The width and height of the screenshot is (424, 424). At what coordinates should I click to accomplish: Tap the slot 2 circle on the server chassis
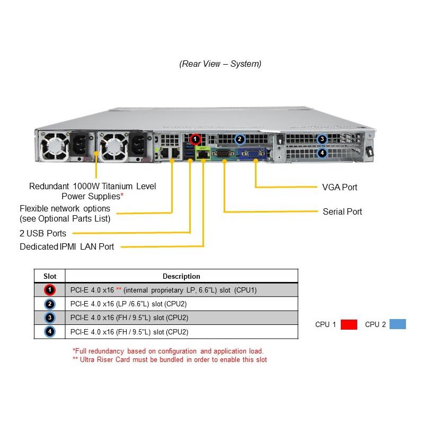coord(240,139)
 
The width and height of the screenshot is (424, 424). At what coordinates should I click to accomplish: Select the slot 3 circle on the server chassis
coord(322,139)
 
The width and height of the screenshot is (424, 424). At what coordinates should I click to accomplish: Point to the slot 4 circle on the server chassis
coord(322,153)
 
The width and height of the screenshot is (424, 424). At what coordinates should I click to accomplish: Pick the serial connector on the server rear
coord(223,154)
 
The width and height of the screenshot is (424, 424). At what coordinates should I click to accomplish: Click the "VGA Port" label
coord(340,187)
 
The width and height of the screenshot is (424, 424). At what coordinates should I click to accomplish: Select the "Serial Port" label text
coord(342,211)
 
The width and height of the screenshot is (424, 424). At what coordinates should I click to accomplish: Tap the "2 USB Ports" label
coord(43,233)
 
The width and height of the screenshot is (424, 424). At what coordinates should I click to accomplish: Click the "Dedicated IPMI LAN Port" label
coord(67,246)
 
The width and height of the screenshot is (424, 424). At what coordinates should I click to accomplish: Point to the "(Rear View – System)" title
coord(220,64)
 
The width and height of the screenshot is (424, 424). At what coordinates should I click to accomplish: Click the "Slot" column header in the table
coord(49,276)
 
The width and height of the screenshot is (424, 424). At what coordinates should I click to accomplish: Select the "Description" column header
coord(181,276)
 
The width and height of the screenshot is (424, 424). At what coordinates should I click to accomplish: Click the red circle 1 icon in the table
coord(49,290)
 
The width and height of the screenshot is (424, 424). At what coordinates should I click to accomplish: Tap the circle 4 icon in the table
coord(49,332)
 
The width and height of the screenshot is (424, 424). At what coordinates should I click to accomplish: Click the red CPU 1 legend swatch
coord(349,324)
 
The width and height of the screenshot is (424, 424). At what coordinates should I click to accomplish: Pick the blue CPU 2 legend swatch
coord(397,324)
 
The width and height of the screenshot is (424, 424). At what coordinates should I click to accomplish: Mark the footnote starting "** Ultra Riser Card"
coord(170,360)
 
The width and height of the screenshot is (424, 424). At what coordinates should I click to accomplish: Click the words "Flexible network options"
coord(65,208)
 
